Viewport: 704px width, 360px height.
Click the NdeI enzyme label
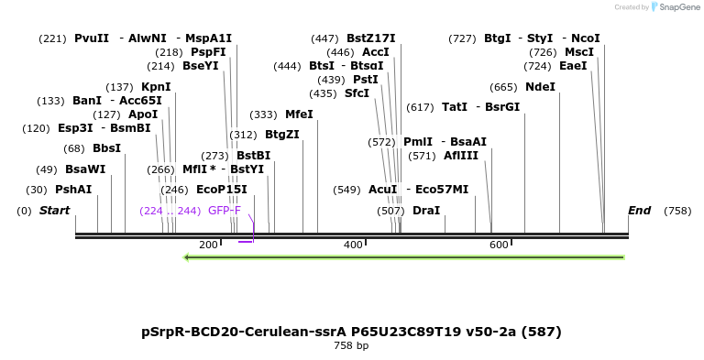point(540,87)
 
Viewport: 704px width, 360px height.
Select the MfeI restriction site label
point(299,115)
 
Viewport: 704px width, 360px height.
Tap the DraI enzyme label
point(426,211)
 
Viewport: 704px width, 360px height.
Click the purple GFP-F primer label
point(225,211)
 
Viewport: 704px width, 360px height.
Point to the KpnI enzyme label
point(156,87)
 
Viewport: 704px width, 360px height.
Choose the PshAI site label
point(73,190)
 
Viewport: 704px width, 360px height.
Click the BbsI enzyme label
point(106,148)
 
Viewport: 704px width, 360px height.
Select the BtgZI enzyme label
point(282,135)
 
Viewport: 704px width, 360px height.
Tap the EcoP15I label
point(222,190)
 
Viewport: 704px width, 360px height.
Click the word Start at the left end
point(54,211)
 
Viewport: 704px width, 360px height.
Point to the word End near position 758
point(639,211)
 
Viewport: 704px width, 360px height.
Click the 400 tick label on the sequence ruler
point(354,245)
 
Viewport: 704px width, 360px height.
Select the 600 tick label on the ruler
point(499,245)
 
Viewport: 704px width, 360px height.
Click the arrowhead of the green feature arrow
point(187,257)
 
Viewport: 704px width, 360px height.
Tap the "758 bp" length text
point(351,346)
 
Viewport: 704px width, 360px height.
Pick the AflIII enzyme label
point(460,156)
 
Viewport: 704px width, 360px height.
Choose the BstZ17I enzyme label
point(370,38)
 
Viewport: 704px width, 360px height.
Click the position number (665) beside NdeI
point(504,87)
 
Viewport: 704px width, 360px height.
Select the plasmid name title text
point(351,332)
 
